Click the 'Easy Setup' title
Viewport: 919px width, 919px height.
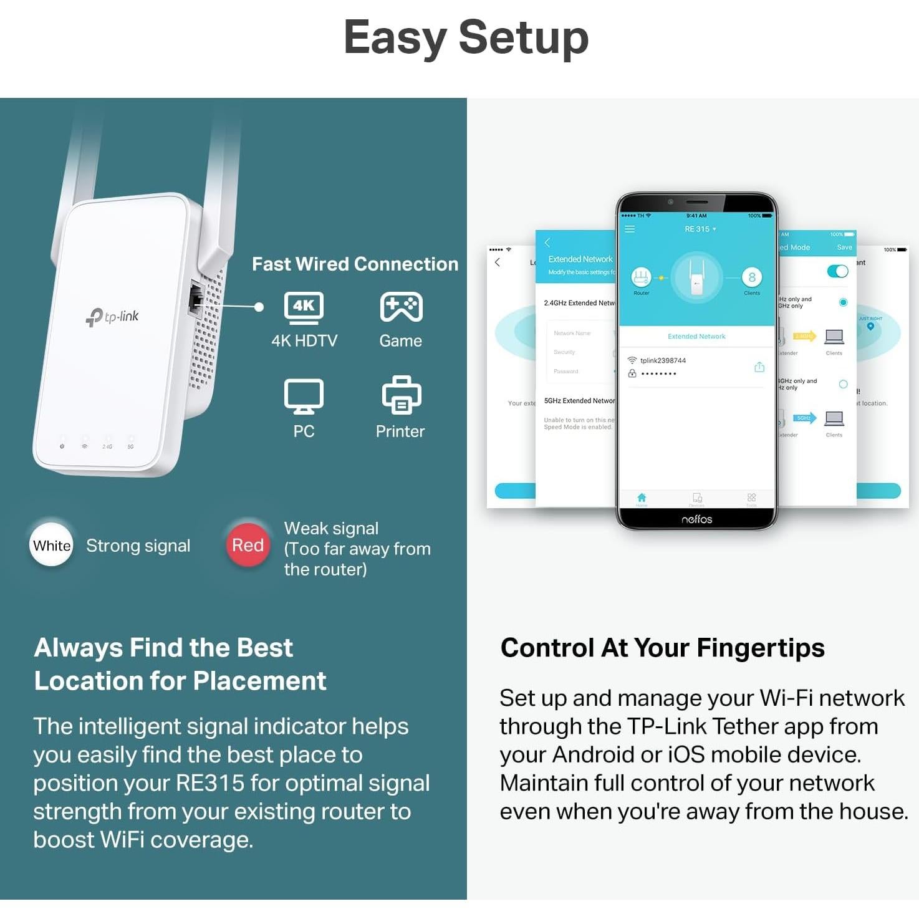(466, 37)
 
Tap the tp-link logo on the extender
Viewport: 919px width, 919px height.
(113, 317)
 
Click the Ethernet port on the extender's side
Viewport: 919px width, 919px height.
(196, 299)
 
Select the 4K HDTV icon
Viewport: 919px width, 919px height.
(304, 307)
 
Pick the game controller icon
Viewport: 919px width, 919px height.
(401, 307)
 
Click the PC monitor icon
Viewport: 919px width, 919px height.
(304, 396)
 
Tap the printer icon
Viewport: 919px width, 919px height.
(401, 395)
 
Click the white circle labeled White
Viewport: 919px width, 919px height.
(52, 545)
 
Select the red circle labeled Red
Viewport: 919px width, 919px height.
(248, 545)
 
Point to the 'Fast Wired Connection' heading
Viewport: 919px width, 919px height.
(355, 264)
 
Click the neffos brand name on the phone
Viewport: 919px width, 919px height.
(696, 519)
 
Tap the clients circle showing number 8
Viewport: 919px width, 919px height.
(752, 277)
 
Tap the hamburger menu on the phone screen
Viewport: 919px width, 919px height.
(630, 229)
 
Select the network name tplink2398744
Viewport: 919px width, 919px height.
(663, 360)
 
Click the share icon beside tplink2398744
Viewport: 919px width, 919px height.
(759, 367)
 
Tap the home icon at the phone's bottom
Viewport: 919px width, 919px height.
(642, 498)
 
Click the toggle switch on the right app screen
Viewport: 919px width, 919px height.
(837, 271)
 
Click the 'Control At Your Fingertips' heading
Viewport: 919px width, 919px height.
(662, 648)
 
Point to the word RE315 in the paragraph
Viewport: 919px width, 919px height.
(210, 783)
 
